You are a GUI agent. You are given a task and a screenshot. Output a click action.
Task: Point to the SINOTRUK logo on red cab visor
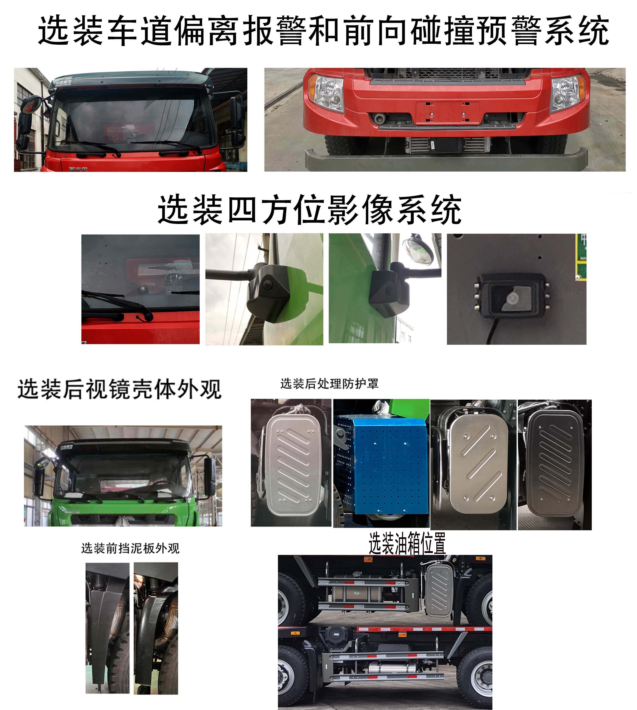pos(63,83)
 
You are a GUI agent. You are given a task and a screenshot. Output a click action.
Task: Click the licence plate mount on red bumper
pos(447,113)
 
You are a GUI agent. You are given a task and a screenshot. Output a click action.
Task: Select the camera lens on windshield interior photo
pos(143,288)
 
